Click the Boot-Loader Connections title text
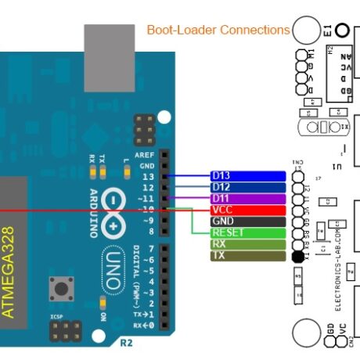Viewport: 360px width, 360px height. (218, 31)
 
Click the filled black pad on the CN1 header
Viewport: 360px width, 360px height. (297, 257)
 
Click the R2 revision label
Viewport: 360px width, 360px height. (126, 343)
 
